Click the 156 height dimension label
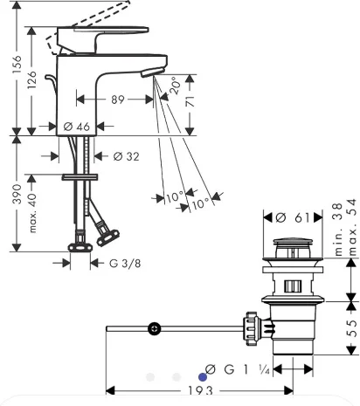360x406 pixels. [x=17, y=64]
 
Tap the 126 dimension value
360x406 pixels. [x=31, y=79]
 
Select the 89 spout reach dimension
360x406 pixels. [x=118, y=100]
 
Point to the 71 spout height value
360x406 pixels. [x=190, y=101]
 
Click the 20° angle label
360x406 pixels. [x=175, y=86]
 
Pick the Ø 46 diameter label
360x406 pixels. [x=77, y=127]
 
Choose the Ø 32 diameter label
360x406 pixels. [x=126, y=156]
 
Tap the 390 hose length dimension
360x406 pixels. [x=17, y=194]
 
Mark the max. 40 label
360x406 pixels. [x=32, y=213]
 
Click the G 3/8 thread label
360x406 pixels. [x=125, y=264]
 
